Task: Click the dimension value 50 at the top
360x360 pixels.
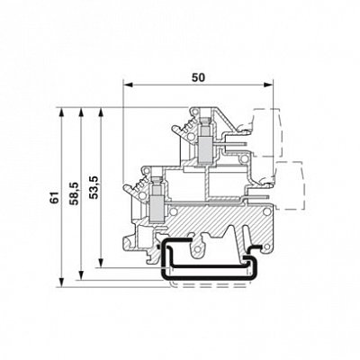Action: coord(197,78)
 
